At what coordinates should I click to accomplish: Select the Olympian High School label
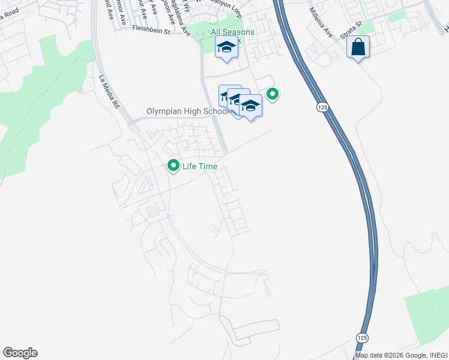[188, 112]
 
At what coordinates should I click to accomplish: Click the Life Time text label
[200, 166]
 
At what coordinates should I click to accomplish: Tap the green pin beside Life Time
[173, 165]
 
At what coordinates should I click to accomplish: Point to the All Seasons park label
[232, 32]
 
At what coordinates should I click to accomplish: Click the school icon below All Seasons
[226, 48]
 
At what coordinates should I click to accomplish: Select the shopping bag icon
[358, 47]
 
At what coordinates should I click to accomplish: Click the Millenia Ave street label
[321, 22]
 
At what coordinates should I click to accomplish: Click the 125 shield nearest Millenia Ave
[322, 106]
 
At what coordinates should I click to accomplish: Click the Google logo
[20, 353]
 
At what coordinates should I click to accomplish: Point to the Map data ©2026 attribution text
[401, 355]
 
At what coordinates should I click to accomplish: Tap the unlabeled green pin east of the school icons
[273, 94]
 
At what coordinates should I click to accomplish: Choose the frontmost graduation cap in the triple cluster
[250, 106]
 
